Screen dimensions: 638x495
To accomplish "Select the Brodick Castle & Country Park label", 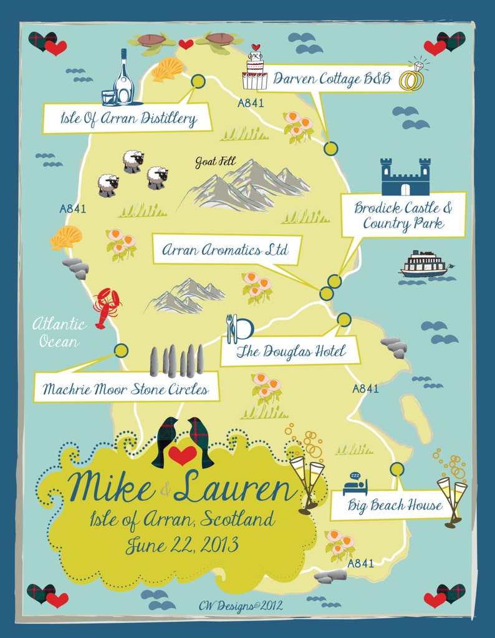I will pyautogui.click(x=403, y=215).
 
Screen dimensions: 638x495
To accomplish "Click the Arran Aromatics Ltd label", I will pyautogui.click(x=225, y=250).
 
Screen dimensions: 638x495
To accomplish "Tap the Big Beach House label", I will pyautogui.click(x=395, y=504).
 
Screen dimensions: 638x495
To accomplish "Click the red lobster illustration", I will pyautogui.click(x=106, y=307).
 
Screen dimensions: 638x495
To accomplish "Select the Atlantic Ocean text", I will pyautogui.click(x=59, y=332).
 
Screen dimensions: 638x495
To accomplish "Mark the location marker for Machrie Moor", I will pyautogui.click(x=122, y=350).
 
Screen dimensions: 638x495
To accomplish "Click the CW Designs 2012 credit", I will pyautogui.click(x=240, y=604).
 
